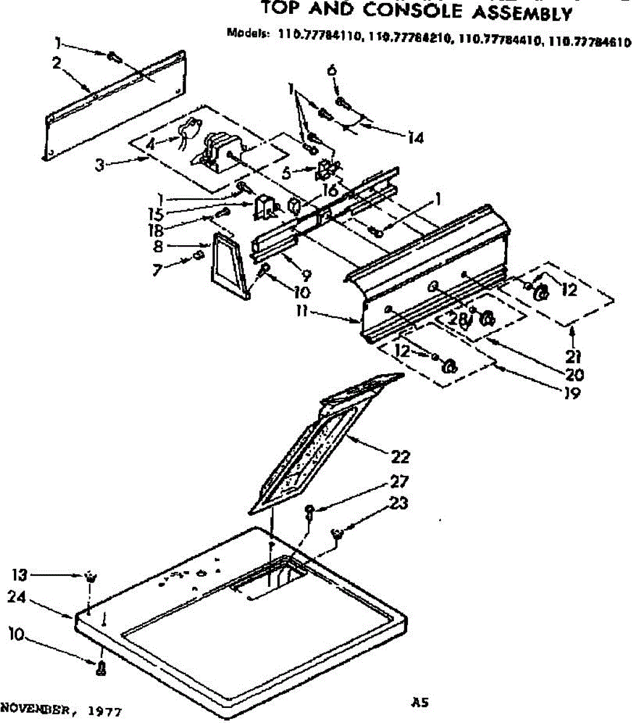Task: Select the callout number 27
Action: [x=399, y=481]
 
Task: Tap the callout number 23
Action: [x=399, y=502]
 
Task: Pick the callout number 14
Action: [x=415, y=138]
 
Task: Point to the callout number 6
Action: [x=331, y=70]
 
